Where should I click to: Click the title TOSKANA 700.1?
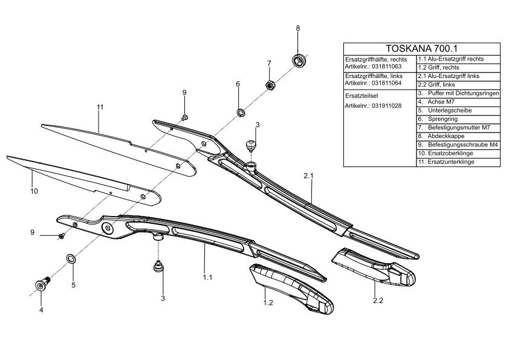[421, 48]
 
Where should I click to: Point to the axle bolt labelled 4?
[42, 283]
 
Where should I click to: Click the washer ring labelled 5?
[71, 259]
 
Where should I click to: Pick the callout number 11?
[100, 107]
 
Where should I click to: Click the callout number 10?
[34, 191]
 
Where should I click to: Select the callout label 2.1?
[310, 175]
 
